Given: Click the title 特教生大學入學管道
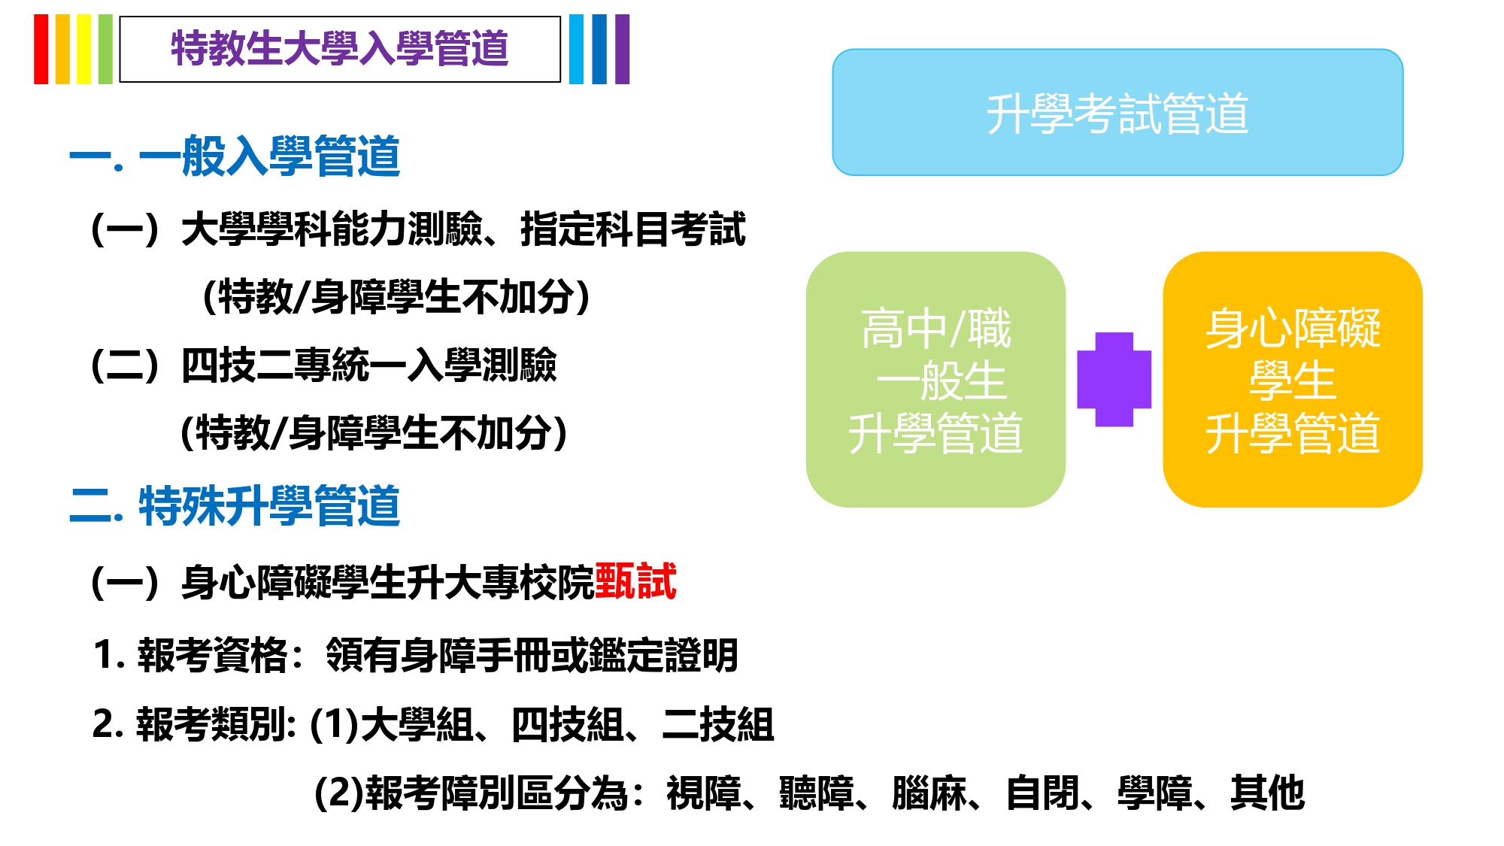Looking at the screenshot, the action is pyautogui.click(x=340, y=49).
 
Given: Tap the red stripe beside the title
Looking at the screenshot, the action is pyautogui.click(x=41, y=49).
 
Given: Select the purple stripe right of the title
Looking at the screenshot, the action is pyautogui.click(x=622, y=49).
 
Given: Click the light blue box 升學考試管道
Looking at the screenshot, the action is pyautogui.click(x=1117, y=113).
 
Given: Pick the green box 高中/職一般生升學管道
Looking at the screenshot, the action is pyautogui.click(x=935, y=380).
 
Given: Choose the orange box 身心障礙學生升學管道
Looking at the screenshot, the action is pyautogui.click(x=1293, y=380).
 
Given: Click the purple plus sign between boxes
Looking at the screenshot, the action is pyautogui.click(x=1114, y=380).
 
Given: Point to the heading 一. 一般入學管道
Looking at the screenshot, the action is pyautogui.click(x=235, y=156).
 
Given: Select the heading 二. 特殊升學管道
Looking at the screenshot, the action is pyautogui.click(x=235, y=505).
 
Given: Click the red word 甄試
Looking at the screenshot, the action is pyautogui.click(x=635, y=581).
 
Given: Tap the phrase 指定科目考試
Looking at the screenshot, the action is pyautogui.click(x=633, y=229).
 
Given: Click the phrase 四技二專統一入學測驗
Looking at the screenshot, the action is pyautogui.click(x=369, y=365).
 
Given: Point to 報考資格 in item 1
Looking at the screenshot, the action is pyautogui.click(x=213, y=655).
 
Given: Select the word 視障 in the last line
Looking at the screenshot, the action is pyautogui.click(x=704, y=793).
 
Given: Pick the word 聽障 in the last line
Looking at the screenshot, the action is pyautogui.click(x=817, y=793).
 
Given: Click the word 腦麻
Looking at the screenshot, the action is pyautogui.click(x=929, y=793).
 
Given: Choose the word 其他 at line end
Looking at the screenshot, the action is pyautogui.click(x=1268, y=793).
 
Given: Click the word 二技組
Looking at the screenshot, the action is pyautogui.click(x=718, y=725).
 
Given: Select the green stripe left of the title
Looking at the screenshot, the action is pyautogui.click(x=105, y=49).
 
